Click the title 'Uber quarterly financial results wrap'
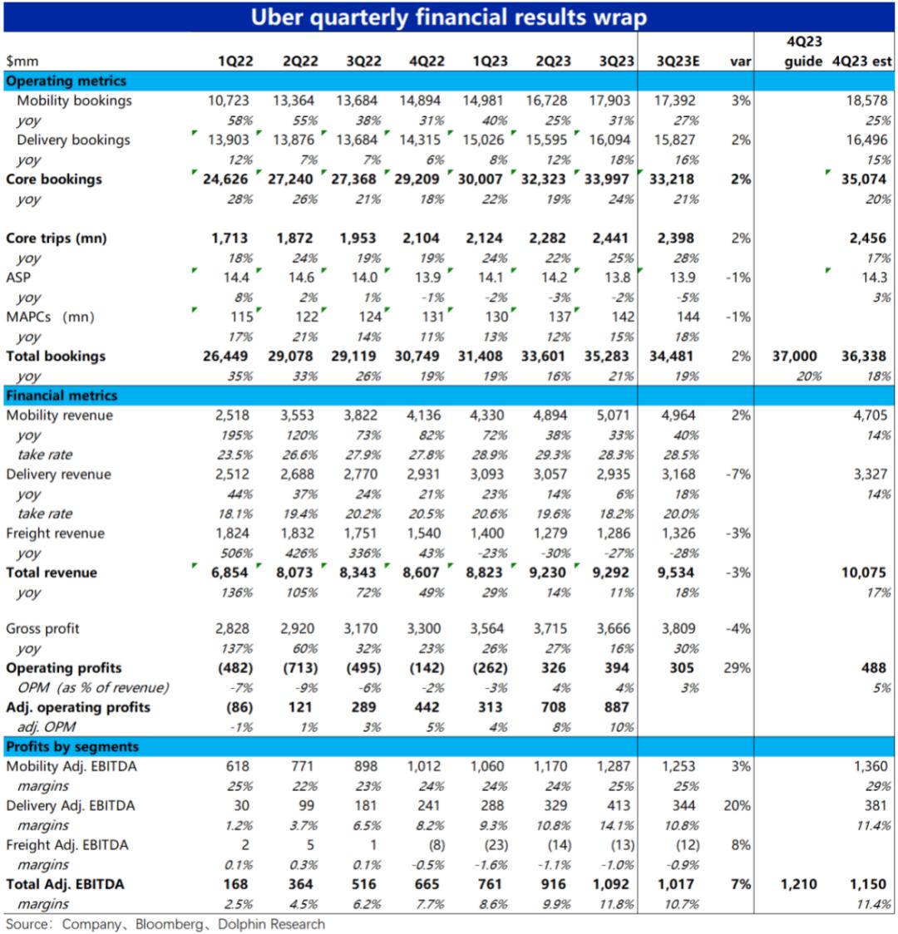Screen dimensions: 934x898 coord(449,17)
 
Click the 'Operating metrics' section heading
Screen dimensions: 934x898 coord(67,81)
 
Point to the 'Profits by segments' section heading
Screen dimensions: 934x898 coord(72,746)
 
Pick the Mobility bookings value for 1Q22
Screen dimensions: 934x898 coord(229,101)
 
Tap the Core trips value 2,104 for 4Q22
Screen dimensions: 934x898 coord(420,238)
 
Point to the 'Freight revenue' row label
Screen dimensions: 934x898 coord(56,533)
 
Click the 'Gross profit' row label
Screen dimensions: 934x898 coord(43,628)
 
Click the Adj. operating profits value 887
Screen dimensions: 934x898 coord(612,707)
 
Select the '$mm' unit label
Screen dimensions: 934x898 coord(22,61)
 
